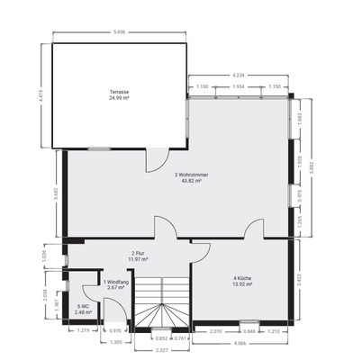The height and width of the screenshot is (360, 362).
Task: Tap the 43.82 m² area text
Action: [187, 181]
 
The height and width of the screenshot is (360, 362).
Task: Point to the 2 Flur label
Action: [138, 254]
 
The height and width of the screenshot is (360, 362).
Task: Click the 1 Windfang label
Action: [114, 283]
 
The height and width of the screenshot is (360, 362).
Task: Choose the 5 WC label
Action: [83, 307]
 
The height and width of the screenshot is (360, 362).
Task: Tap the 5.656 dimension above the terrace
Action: [119, 33]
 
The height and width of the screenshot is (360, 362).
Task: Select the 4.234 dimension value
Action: [239, 75]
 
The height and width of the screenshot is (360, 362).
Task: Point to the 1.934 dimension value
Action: [239, 85]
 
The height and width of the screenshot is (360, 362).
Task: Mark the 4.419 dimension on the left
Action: [42, 93]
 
